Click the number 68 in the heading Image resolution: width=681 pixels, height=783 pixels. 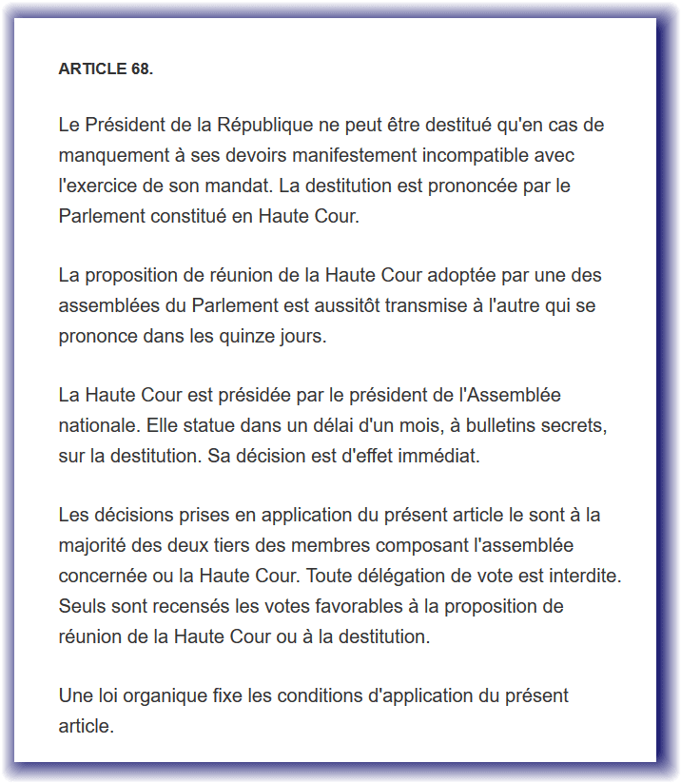click(139, 69)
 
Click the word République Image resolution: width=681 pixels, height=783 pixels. click(265, 126)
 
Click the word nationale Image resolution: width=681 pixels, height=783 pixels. click(98, 426)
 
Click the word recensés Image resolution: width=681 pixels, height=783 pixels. click(172, 607)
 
